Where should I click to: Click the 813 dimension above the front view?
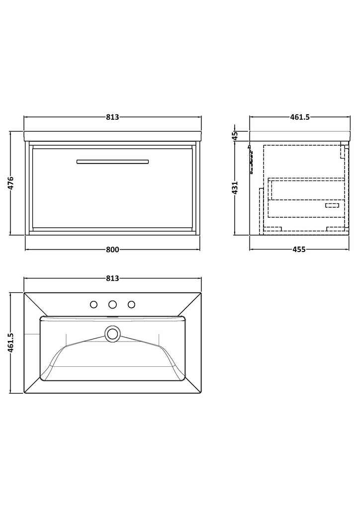click(112, 117)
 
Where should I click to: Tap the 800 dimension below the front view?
click(112, 250)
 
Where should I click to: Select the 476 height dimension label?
click(10, 183)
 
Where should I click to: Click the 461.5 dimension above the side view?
click(300, 117)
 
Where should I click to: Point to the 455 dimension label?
click(299, 250)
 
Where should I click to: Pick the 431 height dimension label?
click(235, 187)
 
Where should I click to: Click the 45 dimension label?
click(235, 135)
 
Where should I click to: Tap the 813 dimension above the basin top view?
click(112, 278)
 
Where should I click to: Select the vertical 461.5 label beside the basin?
click(10, 342)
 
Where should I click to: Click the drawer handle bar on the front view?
click(113, 162)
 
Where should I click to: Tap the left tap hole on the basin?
click(94, 305)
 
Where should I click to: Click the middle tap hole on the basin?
click(113, 305)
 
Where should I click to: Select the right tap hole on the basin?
click(131, 305)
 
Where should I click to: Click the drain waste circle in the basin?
click(113, 334)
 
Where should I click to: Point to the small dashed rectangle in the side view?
click(332, 205)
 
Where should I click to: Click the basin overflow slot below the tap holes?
click(113, 317)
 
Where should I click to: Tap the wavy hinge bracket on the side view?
click(251, 159)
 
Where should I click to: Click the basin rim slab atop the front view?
click(113, 136)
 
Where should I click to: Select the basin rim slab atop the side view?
click(300, 136)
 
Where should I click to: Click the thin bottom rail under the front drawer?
click(113, 230)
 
